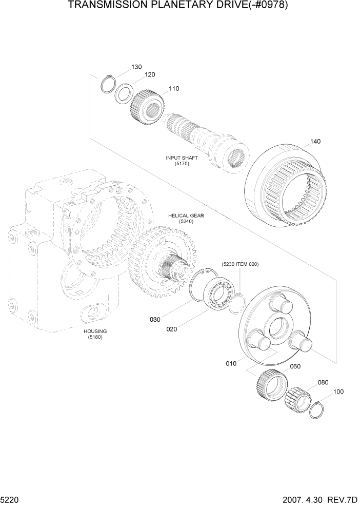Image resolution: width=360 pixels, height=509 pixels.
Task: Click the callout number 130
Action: tap(136, 67)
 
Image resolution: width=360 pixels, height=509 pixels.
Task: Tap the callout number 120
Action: tap(149, 75)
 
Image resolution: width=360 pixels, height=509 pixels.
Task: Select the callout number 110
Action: tap(174, 89)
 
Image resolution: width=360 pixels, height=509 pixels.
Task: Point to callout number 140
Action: tap(315, 142)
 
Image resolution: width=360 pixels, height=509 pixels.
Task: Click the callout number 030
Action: tap(155, 320)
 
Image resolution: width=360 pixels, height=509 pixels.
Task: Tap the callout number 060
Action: tap(295, 366)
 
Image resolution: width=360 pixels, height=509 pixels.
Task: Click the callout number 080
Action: tap(323, 382)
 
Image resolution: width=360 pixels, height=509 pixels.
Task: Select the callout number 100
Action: tap(338, 392)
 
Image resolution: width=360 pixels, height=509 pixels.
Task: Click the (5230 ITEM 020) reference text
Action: tap(240, 264)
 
